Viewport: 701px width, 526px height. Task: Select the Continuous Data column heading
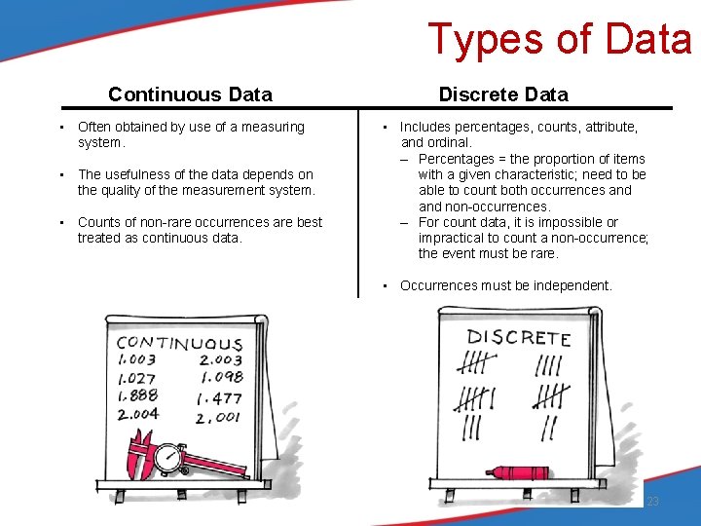190,94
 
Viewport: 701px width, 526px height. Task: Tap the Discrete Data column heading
503,94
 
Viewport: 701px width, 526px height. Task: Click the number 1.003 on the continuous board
136,360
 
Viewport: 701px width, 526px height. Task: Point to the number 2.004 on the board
137,414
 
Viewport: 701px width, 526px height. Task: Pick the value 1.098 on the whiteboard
220,377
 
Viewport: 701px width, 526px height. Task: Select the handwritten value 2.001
218,417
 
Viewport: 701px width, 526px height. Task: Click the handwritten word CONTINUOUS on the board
179,343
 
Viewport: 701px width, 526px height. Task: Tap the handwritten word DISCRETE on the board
518,338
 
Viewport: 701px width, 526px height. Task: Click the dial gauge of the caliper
170,456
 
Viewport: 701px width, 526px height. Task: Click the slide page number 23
652,502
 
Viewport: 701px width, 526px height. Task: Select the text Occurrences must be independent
505,285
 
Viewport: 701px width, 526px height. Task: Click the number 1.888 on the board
136,395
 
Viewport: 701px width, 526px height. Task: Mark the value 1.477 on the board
219,397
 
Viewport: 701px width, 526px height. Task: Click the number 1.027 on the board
136,378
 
